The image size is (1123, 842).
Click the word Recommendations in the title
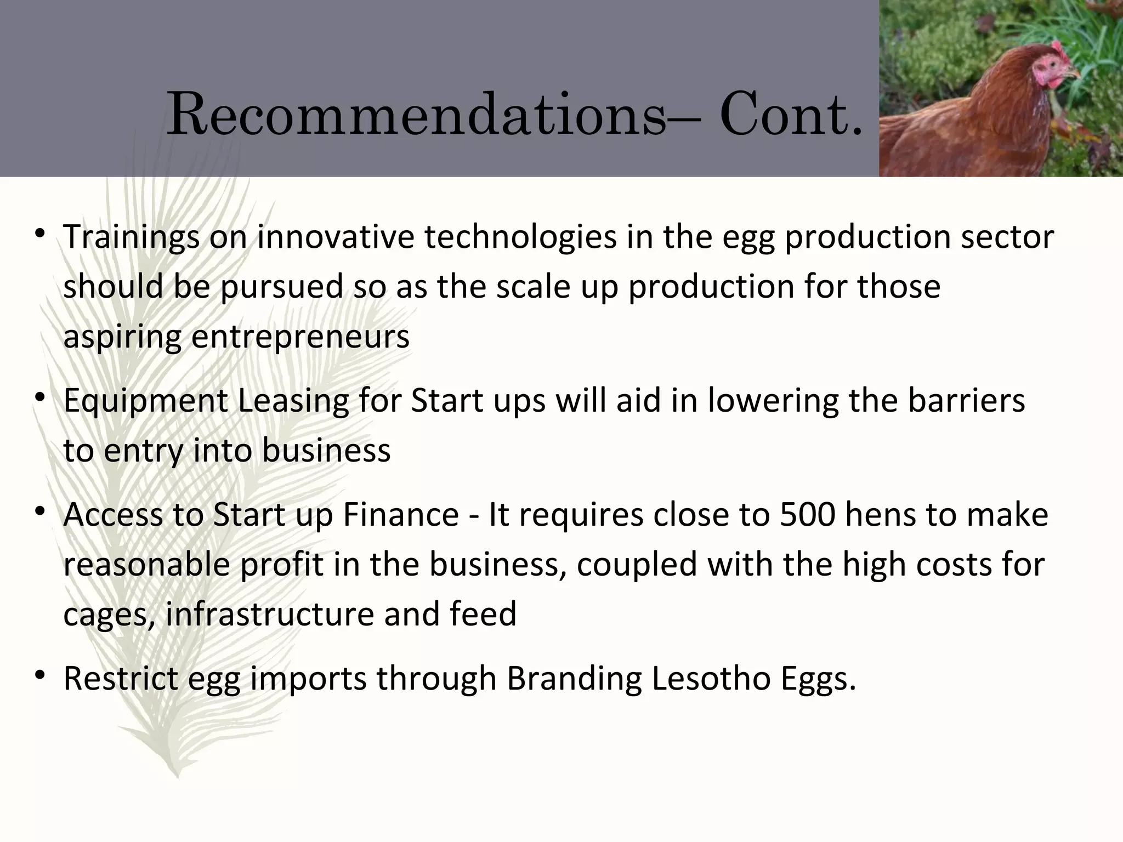coord(416,116)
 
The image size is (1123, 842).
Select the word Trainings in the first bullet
coord(131,237)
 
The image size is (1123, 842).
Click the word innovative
coord(335,237)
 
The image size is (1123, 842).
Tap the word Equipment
coord(145,400)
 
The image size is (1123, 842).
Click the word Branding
coord(574,678)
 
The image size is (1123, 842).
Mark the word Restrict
coord(121,678)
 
